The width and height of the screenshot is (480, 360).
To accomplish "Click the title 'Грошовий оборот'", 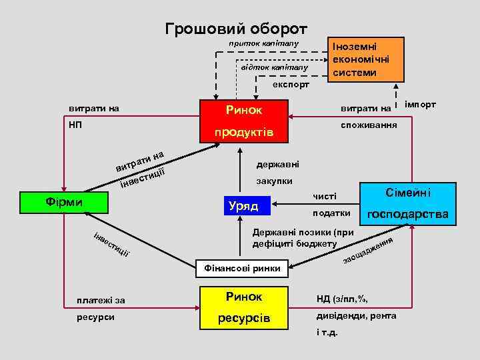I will tap(236, 29).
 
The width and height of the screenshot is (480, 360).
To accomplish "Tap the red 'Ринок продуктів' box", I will tap(244, 120).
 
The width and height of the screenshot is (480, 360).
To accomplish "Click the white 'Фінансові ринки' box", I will tap(243, 269).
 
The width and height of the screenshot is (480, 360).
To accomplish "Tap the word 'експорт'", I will tap(291, 86).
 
